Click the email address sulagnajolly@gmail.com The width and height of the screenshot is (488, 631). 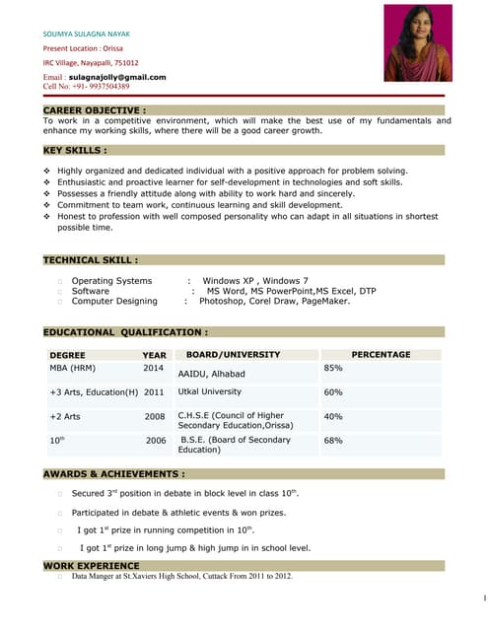point(117,77)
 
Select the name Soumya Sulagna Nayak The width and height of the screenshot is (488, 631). point(87,34)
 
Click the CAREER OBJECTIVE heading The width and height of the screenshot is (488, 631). point(95,109)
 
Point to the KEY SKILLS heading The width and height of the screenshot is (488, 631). point(75,150)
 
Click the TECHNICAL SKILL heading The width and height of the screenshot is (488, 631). point(90,260)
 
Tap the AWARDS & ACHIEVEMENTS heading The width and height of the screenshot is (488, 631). point(113,474)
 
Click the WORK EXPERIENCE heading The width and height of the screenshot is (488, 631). point(91,565)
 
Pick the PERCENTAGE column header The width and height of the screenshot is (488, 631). point(381,355)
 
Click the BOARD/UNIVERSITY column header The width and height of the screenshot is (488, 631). point(234,355)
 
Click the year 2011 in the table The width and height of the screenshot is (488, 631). point(154,392)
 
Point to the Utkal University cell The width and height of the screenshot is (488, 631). point(210,392)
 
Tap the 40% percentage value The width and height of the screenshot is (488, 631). point(333,416)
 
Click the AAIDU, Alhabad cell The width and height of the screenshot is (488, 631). point(211,375)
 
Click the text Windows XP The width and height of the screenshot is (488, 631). point(228,281)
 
